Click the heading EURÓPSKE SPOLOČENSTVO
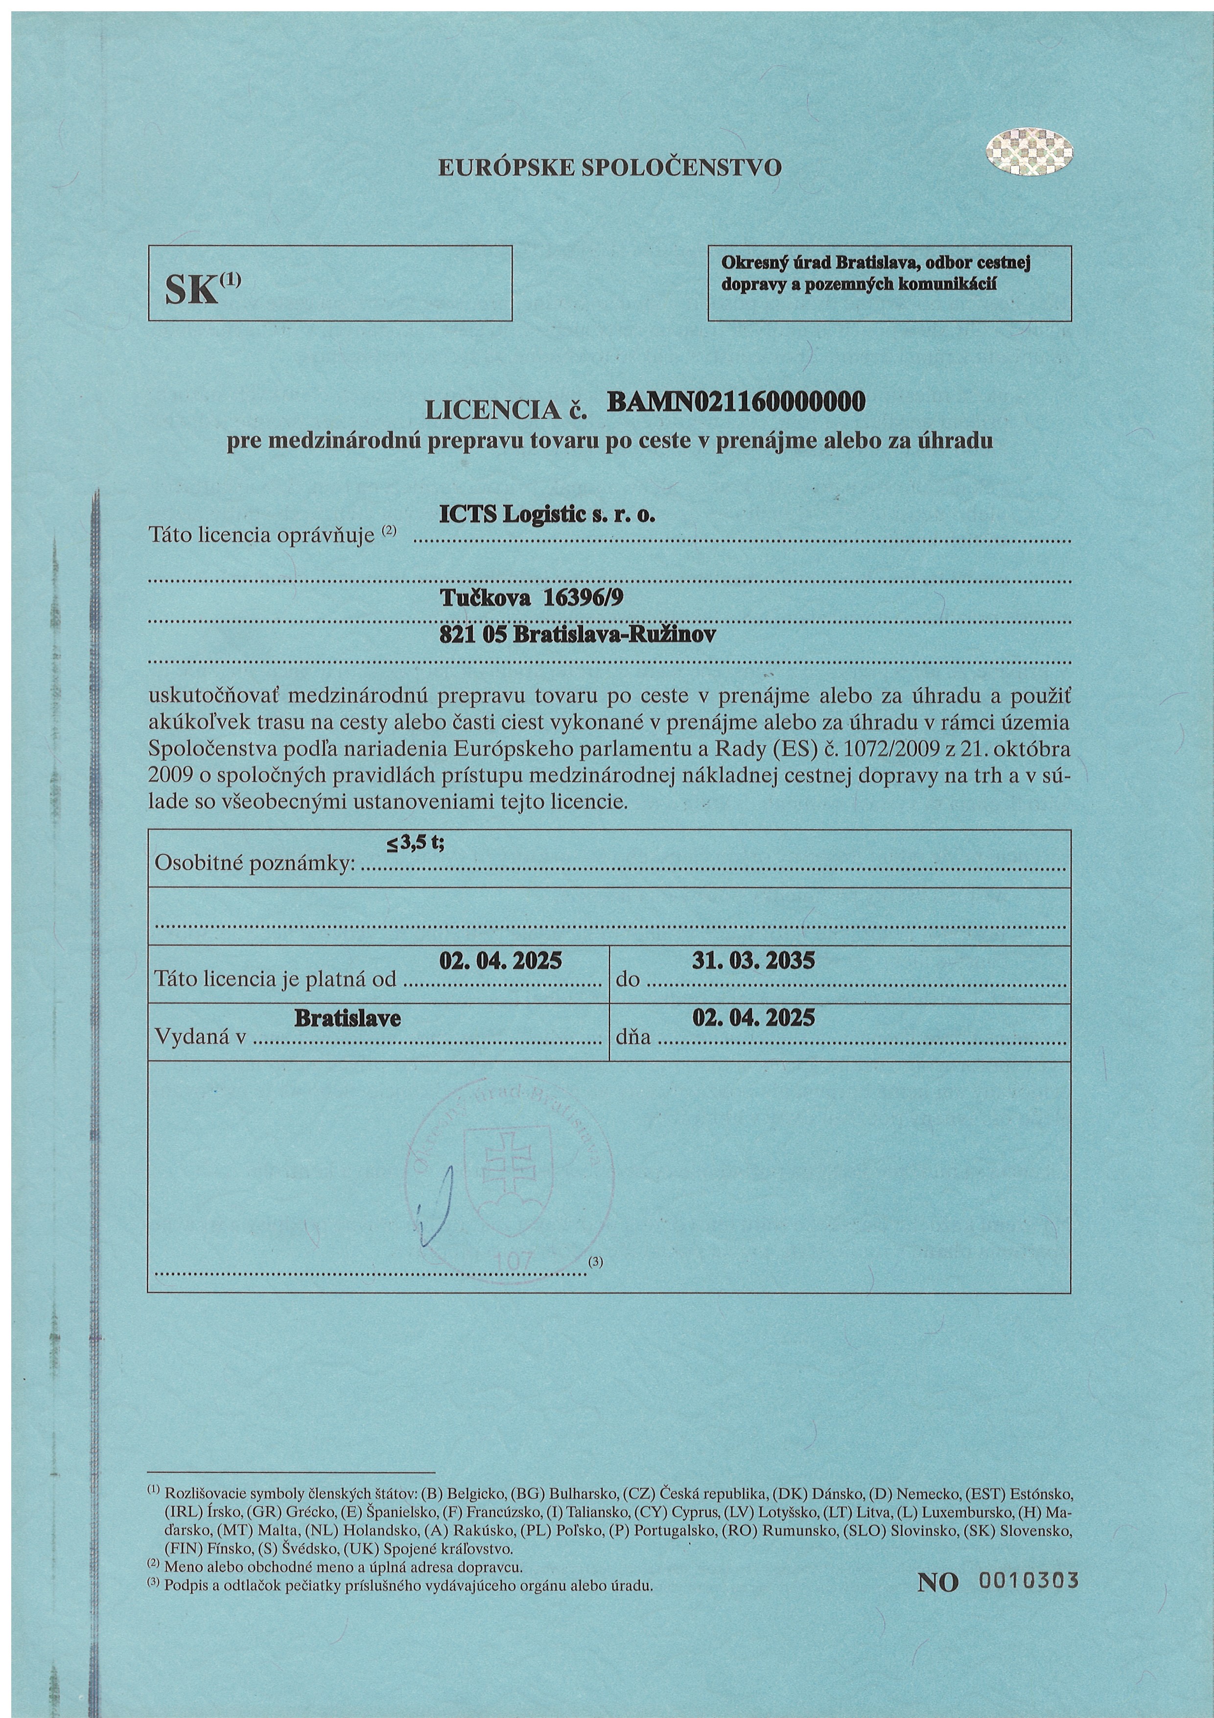tap(609, 167)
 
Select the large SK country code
tap(192, 289)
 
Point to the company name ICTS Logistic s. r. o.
tap(547, 515)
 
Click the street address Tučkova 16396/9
tap(531, 597)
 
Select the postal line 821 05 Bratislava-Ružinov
tap(577, 635)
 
